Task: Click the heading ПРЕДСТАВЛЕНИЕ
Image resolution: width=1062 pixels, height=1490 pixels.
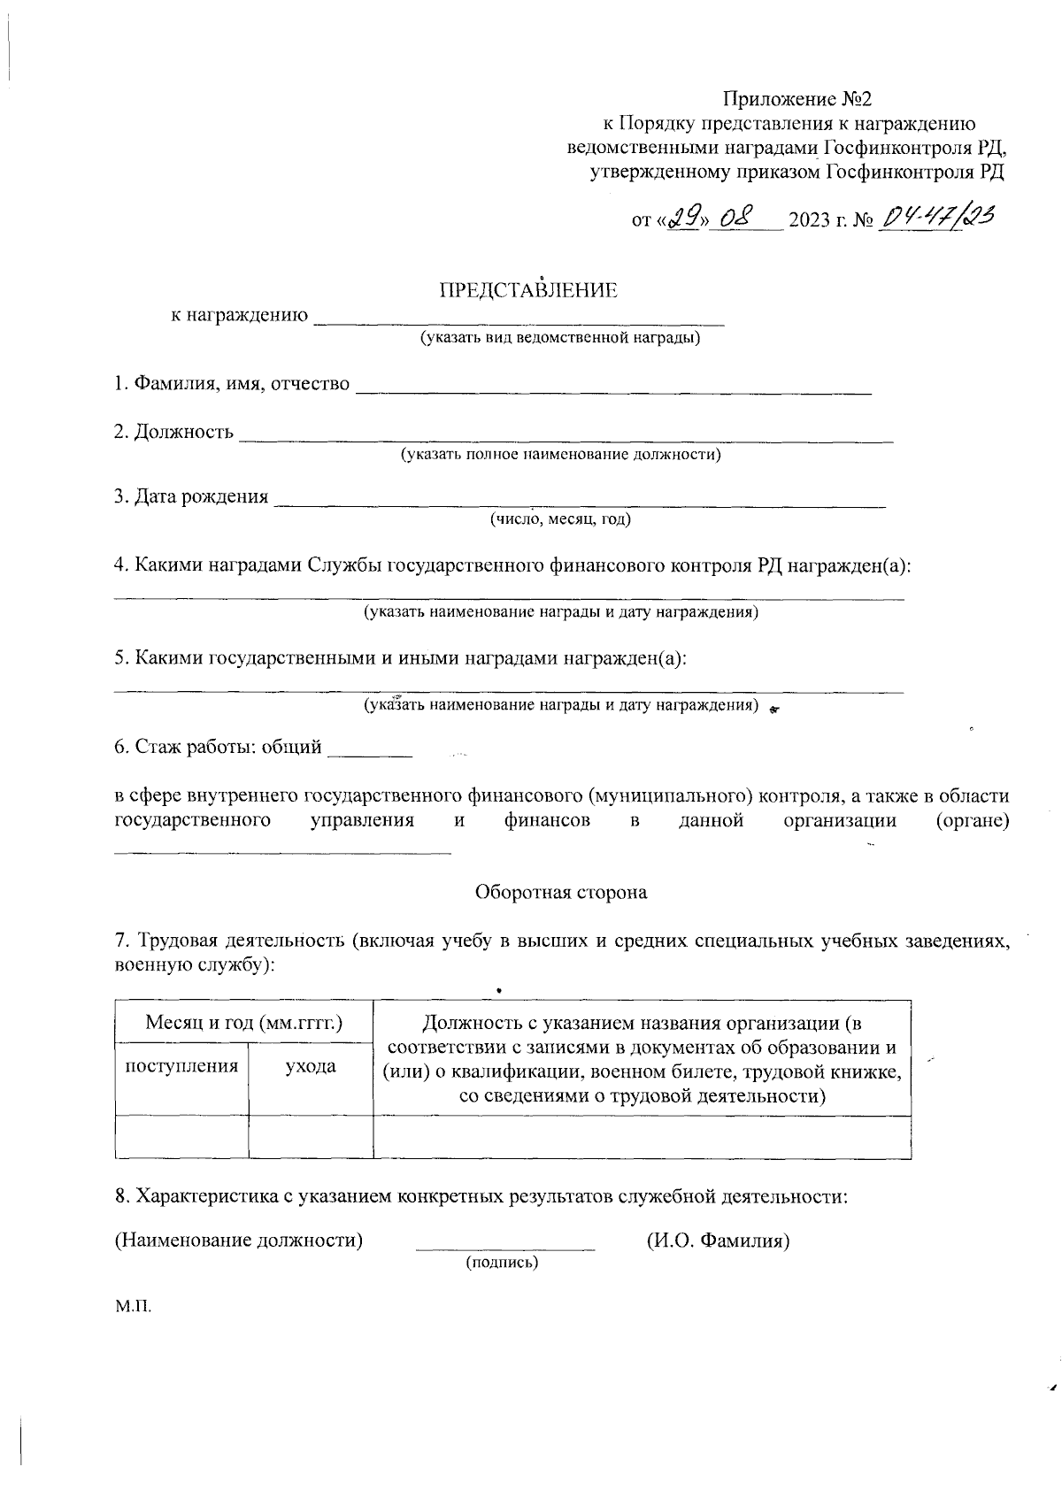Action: [x=528, y=290]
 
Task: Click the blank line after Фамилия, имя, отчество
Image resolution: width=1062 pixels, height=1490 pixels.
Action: [x=612, y=388]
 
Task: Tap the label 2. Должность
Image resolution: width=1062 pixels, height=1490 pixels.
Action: [x=173, y=432]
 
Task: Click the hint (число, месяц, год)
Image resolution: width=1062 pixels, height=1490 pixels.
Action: [x=560, y=519]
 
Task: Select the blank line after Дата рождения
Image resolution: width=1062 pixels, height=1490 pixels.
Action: [x=580, y=501]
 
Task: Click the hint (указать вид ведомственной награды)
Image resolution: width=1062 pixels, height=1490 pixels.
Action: [x=560, y=338]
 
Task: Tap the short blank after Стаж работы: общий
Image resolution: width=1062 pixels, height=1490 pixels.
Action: [x=369, y=752]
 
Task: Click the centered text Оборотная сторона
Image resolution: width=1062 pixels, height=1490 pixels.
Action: [x=561, y=892]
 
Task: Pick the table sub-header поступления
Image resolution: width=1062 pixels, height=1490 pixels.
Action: [x=181, y=1066]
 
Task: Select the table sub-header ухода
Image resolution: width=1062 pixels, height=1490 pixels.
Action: [x=310, y=1066]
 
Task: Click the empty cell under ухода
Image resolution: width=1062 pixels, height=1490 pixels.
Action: [x=310, y=1137]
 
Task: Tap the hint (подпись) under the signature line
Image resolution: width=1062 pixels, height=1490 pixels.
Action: [x=502, y=1263]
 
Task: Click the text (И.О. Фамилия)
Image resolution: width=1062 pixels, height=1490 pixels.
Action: [x=718, y=1240]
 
